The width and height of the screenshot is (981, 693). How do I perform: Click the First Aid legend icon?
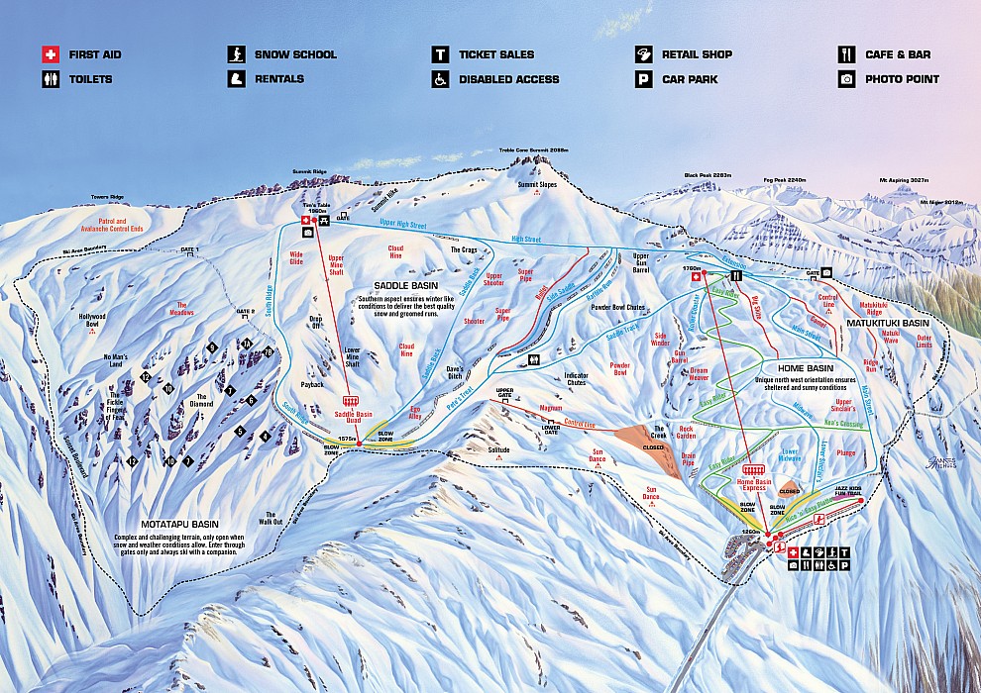pyautogui.click(x=50, y=54)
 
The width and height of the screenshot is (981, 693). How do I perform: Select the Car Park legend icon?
pyautogui.click(x=644, y=79)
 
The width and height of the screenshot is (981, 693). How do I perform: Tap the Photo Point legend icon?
pyautogui.click(x=846, y=79)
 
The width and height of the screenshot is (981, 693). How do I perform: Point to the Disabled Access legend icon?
pyautogui.click(x=440, y=79)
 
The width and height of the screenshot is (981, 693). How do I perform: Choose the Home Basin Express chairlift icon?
pyautogui.click(x=754, y=471)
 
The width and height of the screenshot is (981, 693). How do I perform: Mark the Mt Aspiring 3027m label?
pyautogui.click(x=904, y=182)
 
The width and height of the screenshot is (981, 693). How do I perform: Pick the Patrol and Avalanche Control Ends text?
pyautogui.click(x=133, y=226)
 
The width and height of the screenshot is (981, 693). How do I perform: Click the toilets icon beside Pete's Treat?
pyautogui.click(x=534, y=359)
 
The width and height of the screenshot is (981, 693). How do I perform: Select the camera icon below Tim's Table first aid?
pyautogui.click(x=307, y=233)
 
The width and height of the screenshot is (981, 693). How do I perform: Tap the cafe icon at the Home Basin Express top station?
pyautogui.click(x=735, y=276)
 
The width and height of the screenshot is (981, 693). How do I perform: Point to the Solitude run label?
pyautogui.click(x=498, y=449)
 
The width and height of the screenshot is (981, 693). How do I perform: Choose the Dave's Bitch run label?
pyautogui.click(x=455, y=372)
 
